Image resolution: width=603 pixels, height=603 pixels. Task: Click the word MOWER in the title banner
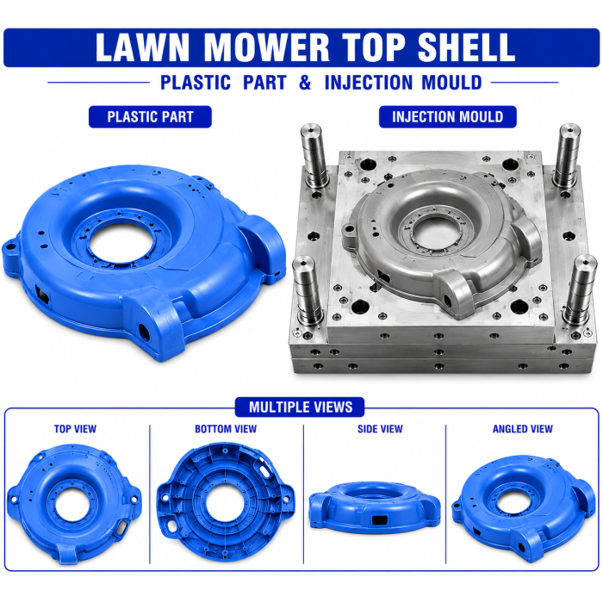pyautogui.click(x=266, y=47)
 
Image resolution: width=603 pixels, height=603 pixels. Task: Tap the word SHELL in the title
pyautogui.click(x=466, y=47)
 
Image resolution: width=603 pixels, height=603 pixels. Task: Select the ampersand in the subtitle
pyautogui.click(x=305, y=83)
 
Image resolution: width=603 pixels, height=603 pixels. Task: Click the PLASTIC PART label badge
pyautogui.click(x=150, y=117)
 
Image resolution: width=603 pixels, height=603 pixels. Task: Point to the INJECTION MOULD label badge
pyautogui.click(x=448, y=117)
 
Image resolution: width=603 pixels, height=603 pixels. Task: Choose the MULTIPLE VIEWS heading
pyautogui.click(x=301, y=407)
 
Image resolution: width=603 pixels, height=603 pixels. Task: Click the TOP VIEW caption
pyautogui.click(x=76, y=429)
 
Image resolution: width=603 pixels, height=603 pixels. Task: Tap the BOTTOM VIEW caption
pyautogui.click(x=226, y=429)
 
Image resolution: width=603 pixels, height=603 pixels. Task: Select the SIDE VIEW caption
pyautogui.click(x=381, y=429)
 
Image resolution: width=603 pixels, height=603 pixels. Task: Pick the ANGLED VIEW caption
pyautogui.click(x=523, y=429)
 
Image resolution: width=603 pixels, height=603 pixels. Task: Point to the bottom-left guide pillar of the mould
pyautogui.click(x=307, y=291)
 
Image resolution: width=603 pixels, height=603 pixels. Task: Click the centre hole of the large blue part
pyautogui.click(x=121, y=243)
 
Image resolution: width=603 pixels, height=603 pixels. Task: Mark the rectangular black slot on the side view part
pyautogui.click(x=380, y=520)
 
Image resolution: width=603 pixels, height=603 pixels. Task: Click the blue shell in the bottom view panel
pyautogui.click(x=226, y=501)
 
